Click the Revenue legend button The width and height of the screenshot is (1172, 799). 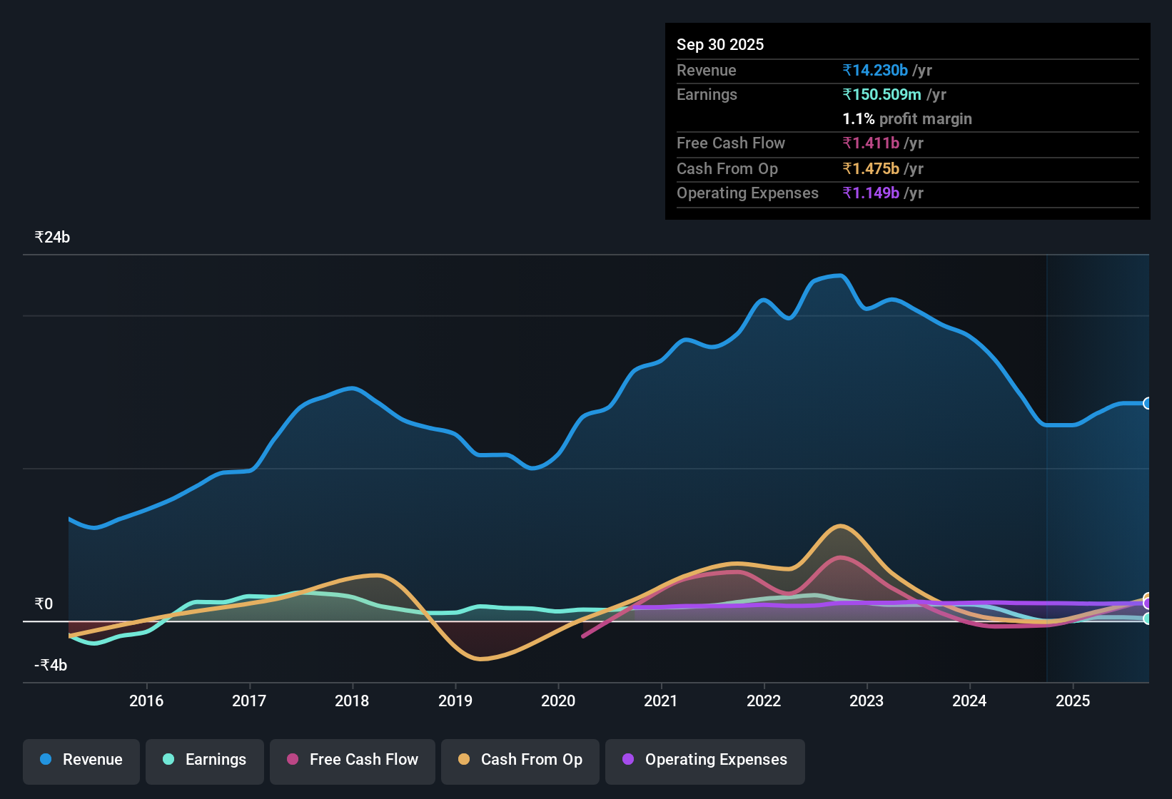pos(81,760)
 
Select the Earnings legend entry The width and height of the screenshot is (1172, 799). pos(205,760)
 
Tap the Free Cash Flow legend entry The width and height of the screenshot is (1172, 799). pos(353,760)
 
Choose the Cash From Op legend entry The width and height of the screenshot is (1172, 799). pos(520,760)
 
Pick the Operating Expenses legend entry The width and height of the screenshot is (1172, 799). pos(705,760)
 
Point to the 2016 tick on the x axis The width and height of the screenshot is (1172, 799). pos(146,701)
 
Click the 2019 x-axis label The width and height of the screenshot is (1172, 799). pos(455,701)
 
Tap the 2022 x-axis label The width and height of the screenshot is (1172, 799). pos(764,701)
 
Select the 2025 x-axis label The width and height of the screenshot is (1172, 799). pos(1073,701)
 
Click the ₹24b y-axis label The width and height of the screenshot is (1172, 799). pos(52,238)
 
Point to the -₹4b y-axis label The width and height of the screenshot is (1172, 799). pos(51,666)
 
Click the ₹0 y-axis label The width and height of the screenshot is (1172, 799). pos(44,604)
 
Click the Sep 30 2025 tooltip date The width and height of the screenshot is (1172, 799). pos(720,45)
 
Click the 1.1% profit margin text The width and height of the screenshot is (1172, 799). pos(907,119)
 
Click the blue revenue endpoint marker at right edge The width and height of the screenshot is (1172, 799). pos(1147,403)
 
